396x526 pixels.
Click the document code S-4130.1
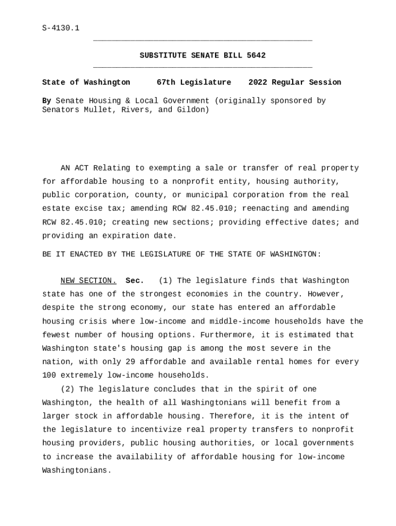pyautogui.click(x=61, y=28)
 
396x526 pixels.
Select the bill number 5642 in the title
pyautogui.click(x=256, y=55)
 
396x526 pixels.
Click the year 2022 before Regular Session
pyautogui.click(x=258, y=82)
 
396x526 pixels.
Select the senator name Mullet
pyautogui.click(x=98, y=110)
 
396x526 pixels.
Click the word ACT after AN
pyautogui.click(x=81, y=168)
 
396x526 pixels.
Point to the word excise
pyautogui.click(x=84, y=209)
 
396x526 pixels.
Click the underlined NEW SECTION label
pyautogui.click(x=88, y=280)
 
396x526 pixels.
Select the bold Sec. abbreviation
pyautogui.click(x=135, y=280)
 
